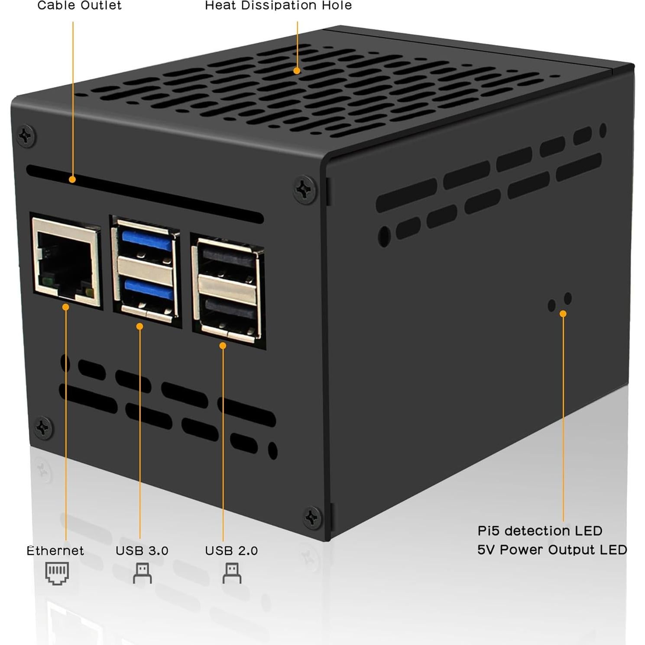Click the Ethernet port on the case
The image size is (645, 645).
66,263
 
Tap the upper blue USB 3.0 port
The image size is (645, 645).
147,241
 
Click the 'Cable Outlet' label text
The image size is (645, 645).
79,6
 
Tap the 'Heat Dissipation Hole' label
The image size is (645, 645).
278,6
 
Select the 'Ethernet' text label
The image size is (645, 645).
55,551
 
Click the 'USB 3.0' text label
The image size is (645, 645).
142,551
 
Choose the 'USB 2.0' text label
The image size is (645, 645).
231,551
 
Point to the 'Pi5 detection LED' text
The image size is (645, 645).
540,531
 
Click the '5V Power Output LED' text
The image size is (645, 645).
552,550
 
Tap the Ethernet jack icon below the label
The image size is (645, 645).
57,574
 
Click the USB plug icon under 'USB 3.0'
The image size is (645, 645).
142,573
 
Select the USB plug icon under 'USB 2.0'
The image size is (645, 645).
232,573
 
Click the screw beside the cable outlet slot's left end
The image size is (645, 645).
26,136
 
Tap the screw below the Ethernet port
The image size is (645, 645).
43,428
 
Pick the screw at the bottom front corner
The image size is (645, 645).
312,517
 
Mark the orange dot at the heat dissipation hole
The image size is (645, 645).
297,71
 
